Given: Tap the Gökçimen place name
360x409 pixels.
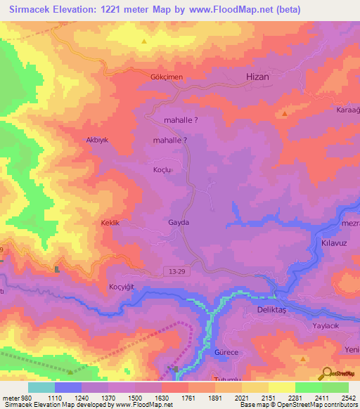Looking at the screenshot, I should [x=166, y=77].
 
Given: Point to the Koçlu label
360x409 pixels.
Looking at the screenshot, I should [x=162, y=170].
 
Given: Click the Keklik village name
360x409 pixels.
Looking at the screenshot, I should [x=112, y=223].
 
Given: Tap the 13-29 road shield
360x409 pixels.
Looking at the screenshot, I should [x=177, y=270].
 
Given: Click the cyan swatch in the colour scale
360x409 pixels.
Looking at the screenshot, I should [x=41, y=387].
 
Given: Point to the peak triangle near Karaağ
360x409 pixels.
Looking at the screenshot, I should [x=284, y=113].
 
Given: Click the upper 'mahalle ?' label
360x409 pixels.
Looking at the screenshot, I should [x=180, y=120].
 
